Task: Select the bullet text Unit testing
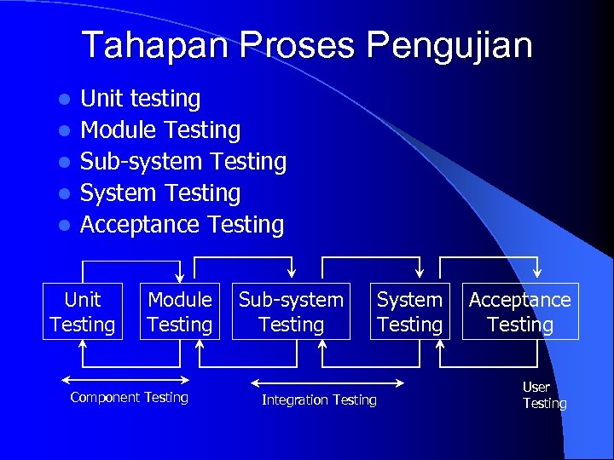point(140,99)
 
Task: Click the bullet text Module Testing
point(160,130)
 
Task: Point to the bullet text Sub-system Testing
point(182,162)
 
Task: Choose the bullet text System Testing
point(160,193)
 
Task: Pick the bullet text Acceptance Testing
point(182,225)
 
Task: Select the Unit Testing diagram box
point(83,312)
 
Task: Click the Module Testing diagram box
point(179,312)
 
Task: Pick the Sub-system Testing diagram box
point(291,312)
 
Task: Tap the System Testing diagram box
point(409,312)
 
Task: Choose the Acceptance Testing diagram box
point(520,312)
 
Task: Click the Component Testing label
point(129,397)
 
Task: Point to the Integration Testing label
point(319,400)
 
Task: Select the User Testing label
point(544,395)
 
